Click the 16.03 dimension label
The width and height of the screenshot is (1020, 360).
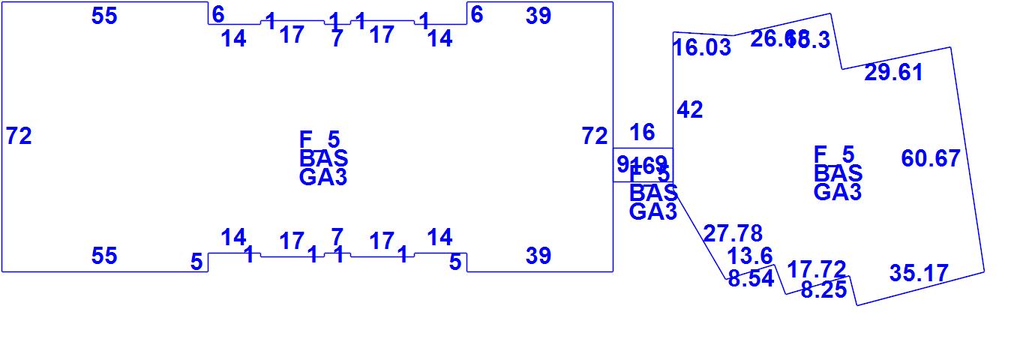tap(701, 48)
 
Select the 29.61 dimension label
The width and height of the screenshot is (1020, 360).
tap(893, 73)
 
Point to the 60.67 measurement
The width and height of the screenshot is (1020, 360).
tap(930, 159)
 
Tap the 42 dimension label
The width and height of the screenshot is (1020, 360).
tap(690, 110)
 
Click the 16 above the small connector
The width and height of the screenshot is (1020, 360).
tap(642, 133)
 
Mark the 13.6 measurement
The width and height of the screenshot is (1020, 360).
tap(750, 256)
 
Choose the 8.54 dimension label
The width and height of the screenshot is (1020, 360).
tap(750, 279)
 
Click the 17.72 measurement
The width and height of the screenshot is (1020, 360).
tap(817, 269)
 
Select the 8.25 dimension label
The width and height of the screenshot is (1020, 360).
tap(823, 290)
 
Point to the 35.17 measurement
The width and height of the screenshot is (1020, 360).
tap(919, 274)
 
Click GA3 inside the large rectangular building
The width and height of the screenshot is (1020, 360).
tap(323, 178)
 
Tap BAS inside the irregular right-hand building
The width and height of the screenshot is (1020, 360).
tap(838, 173)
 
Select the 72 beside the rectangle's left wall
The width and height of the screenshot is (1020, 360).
tap(19, 136)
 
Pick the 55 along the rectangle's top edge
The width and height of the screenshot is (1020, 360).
tap(104, 16)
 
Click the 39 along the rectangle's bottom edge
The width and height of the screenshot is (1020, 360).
tap(538, 256)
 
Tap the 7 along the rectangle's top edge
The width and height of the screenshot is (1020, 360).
tap(337, 39)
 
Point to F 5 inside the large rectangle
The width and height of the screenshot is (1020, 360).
tap(319, 139)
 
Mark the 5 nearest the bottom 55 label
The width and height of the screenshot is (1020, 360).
tap(196, 262)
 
